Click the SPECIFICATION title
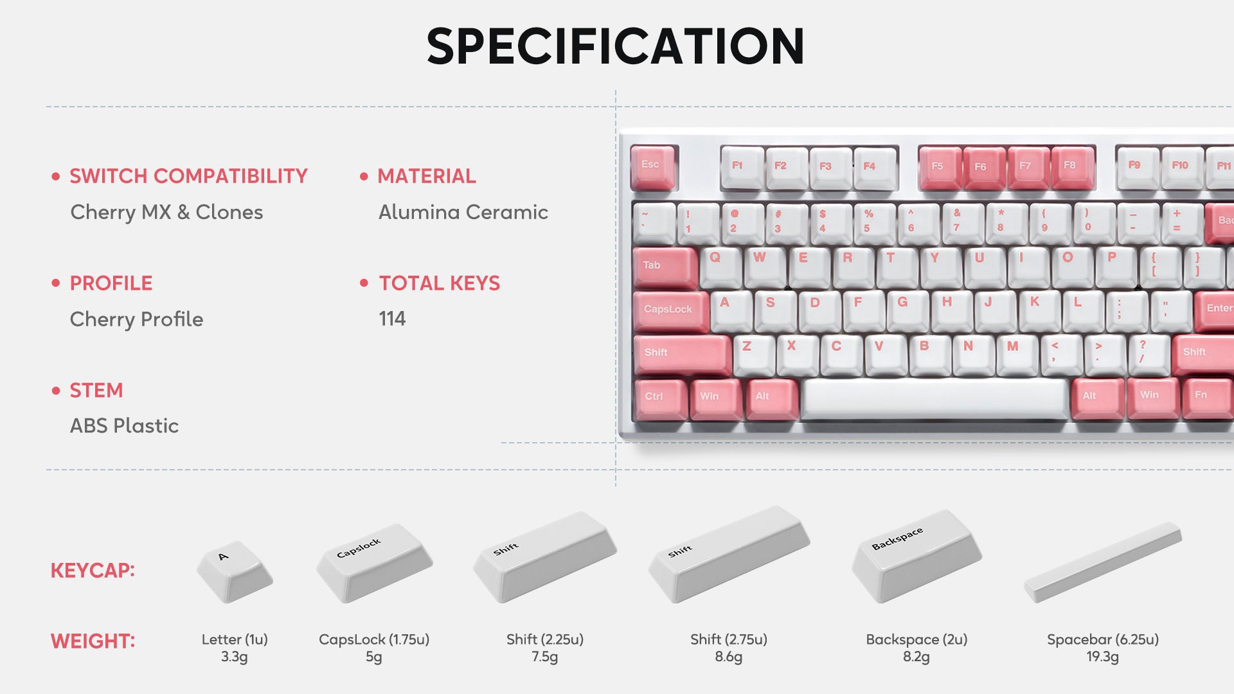[x=615, y=46]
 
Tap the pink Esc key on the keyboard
[x=653, y=168]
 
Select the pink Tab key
[x=665, y=267]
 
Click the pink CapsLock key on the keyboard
[x=671, y=311]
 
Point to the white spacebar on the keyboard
[x=935, y=398]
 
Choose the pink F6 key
[x=983, y=168]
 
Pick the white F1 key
[x=742, y=168]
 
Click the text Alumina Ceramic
[x=463, y=212]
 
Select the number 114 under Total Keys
[x=392, y=318]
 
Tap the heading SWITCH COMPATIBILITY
[x=188, y=175]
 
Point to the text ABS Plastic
[x=124, y=425]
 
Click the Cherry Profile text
[x=136, y=319]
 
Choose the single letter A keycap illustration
[x=235, y=571]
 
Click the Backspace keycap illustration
[x=917, y=556]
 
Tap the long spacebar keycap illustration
[x=1102, y=562]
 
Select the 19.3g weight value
[x=1102, y=657]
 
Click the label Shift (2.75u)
[x=729, y=639]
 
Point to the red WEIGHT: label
[x=93, y=641]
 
